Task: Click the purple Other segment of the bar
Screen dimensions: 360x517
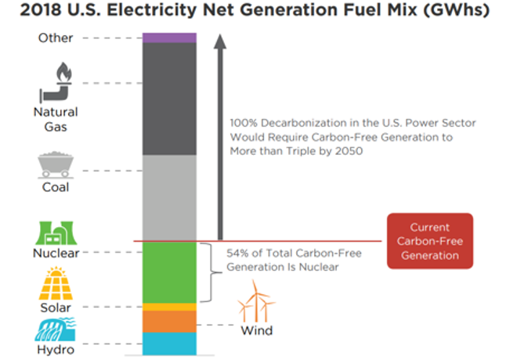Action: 169,38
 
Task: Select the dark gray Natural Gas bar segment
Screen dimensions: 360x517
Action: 169,98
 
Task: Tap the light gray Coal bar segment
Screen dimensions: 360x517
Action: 169,197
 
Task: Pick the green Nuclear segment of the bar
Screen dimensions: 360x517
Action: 169,272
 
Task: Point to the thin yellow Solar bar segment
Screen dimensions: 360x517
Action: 169,307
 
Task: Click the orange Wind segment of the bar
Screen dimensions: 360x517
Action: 169,322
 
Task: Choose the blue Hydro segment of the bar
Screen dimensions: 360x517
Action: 169,343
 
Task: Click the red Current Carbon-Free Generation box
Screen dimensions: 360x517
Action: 429,241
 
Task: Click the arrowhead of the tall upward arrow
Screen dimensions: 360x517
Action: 220,41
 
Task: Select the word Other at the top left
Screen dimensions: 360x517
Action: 56,38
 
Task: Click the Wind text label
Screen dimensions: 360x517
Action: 256,330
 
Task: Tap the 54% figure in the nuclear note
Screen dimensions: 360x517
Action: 238,254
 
